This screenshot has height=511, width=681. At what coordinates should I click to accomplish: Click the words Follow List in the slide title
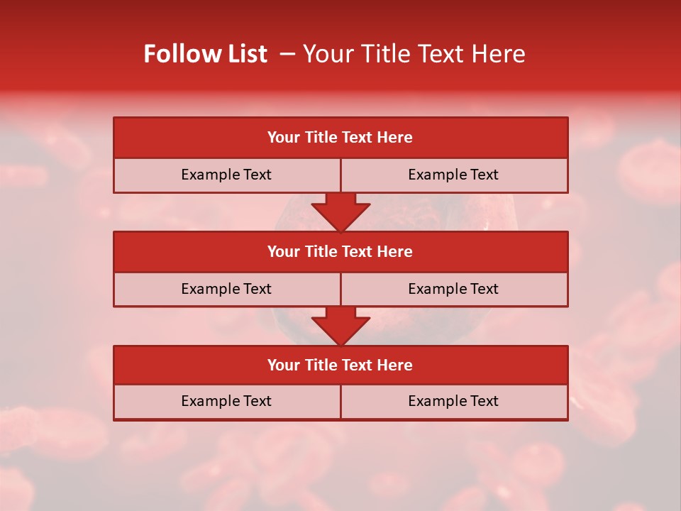(x=206, y=54)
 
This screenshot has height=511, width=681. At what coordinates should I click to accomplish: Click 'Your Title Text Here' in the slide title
(x=414, y=54)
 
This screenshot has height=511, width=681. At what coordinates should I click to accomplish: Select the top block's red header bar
(x=340, y=138)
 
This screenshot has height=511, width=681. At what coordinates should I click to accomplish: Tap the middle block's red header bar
(x=340, y=251)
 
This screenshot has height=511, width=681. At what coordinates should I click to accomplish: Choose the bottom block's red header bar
(x=340, y=365)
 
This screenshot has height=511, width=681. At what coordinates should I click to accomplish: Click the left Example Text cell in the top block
(x=226, y=175)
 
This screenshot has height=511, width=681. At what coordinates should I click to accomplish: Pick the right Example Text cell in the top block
(x=454, y=175)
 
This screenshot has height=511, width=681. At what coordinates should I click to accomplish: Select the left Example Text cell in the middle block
(x=226, y=289)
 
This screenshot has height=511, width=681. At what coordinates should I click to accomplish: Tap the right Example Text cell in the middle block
(x=454, y=289)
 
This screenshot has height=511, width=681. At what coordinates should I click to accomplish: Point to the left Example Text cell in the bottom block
(x=226, y=401)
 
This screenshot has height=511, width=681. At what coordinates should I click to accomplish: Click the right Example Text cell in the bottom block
(x=454, y=401)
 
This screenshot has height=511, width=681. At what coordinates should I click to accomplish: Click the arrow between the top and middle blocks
(x=340, y=211)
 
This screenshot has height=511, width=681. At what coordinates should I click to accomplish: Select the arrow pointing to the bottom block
(x=340, y=326)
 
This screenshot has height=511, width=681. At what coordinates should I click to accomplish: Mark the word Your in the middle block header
(x=283, y=251)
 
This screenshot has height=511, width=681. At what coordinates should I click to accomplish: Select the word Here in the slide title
(x=502, y=54)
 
